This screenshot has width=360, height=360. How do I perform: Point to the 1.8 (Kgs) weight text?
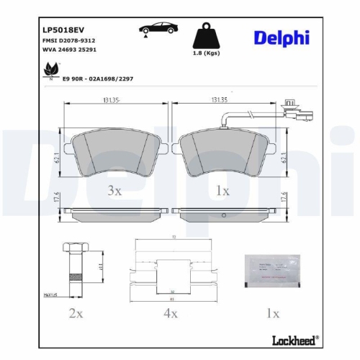[206, 53]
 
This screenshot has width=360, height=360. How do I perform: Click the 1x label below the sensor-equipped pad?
[222, 190]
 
